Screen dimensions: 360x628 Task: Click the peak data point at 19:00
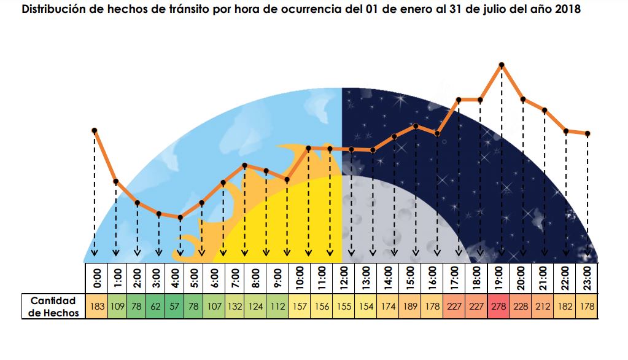point(502,65)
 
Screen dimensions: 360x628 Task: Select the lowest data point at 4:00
point(180,217)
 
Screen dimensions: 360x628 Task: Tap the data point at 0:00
point(95,130)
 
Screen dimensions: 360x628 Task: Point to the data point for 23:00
point(587,133)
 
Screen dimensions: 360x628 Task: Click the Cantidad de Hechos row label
point(54,306)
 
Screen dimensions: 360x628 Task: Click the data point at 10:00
point(308,148)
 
